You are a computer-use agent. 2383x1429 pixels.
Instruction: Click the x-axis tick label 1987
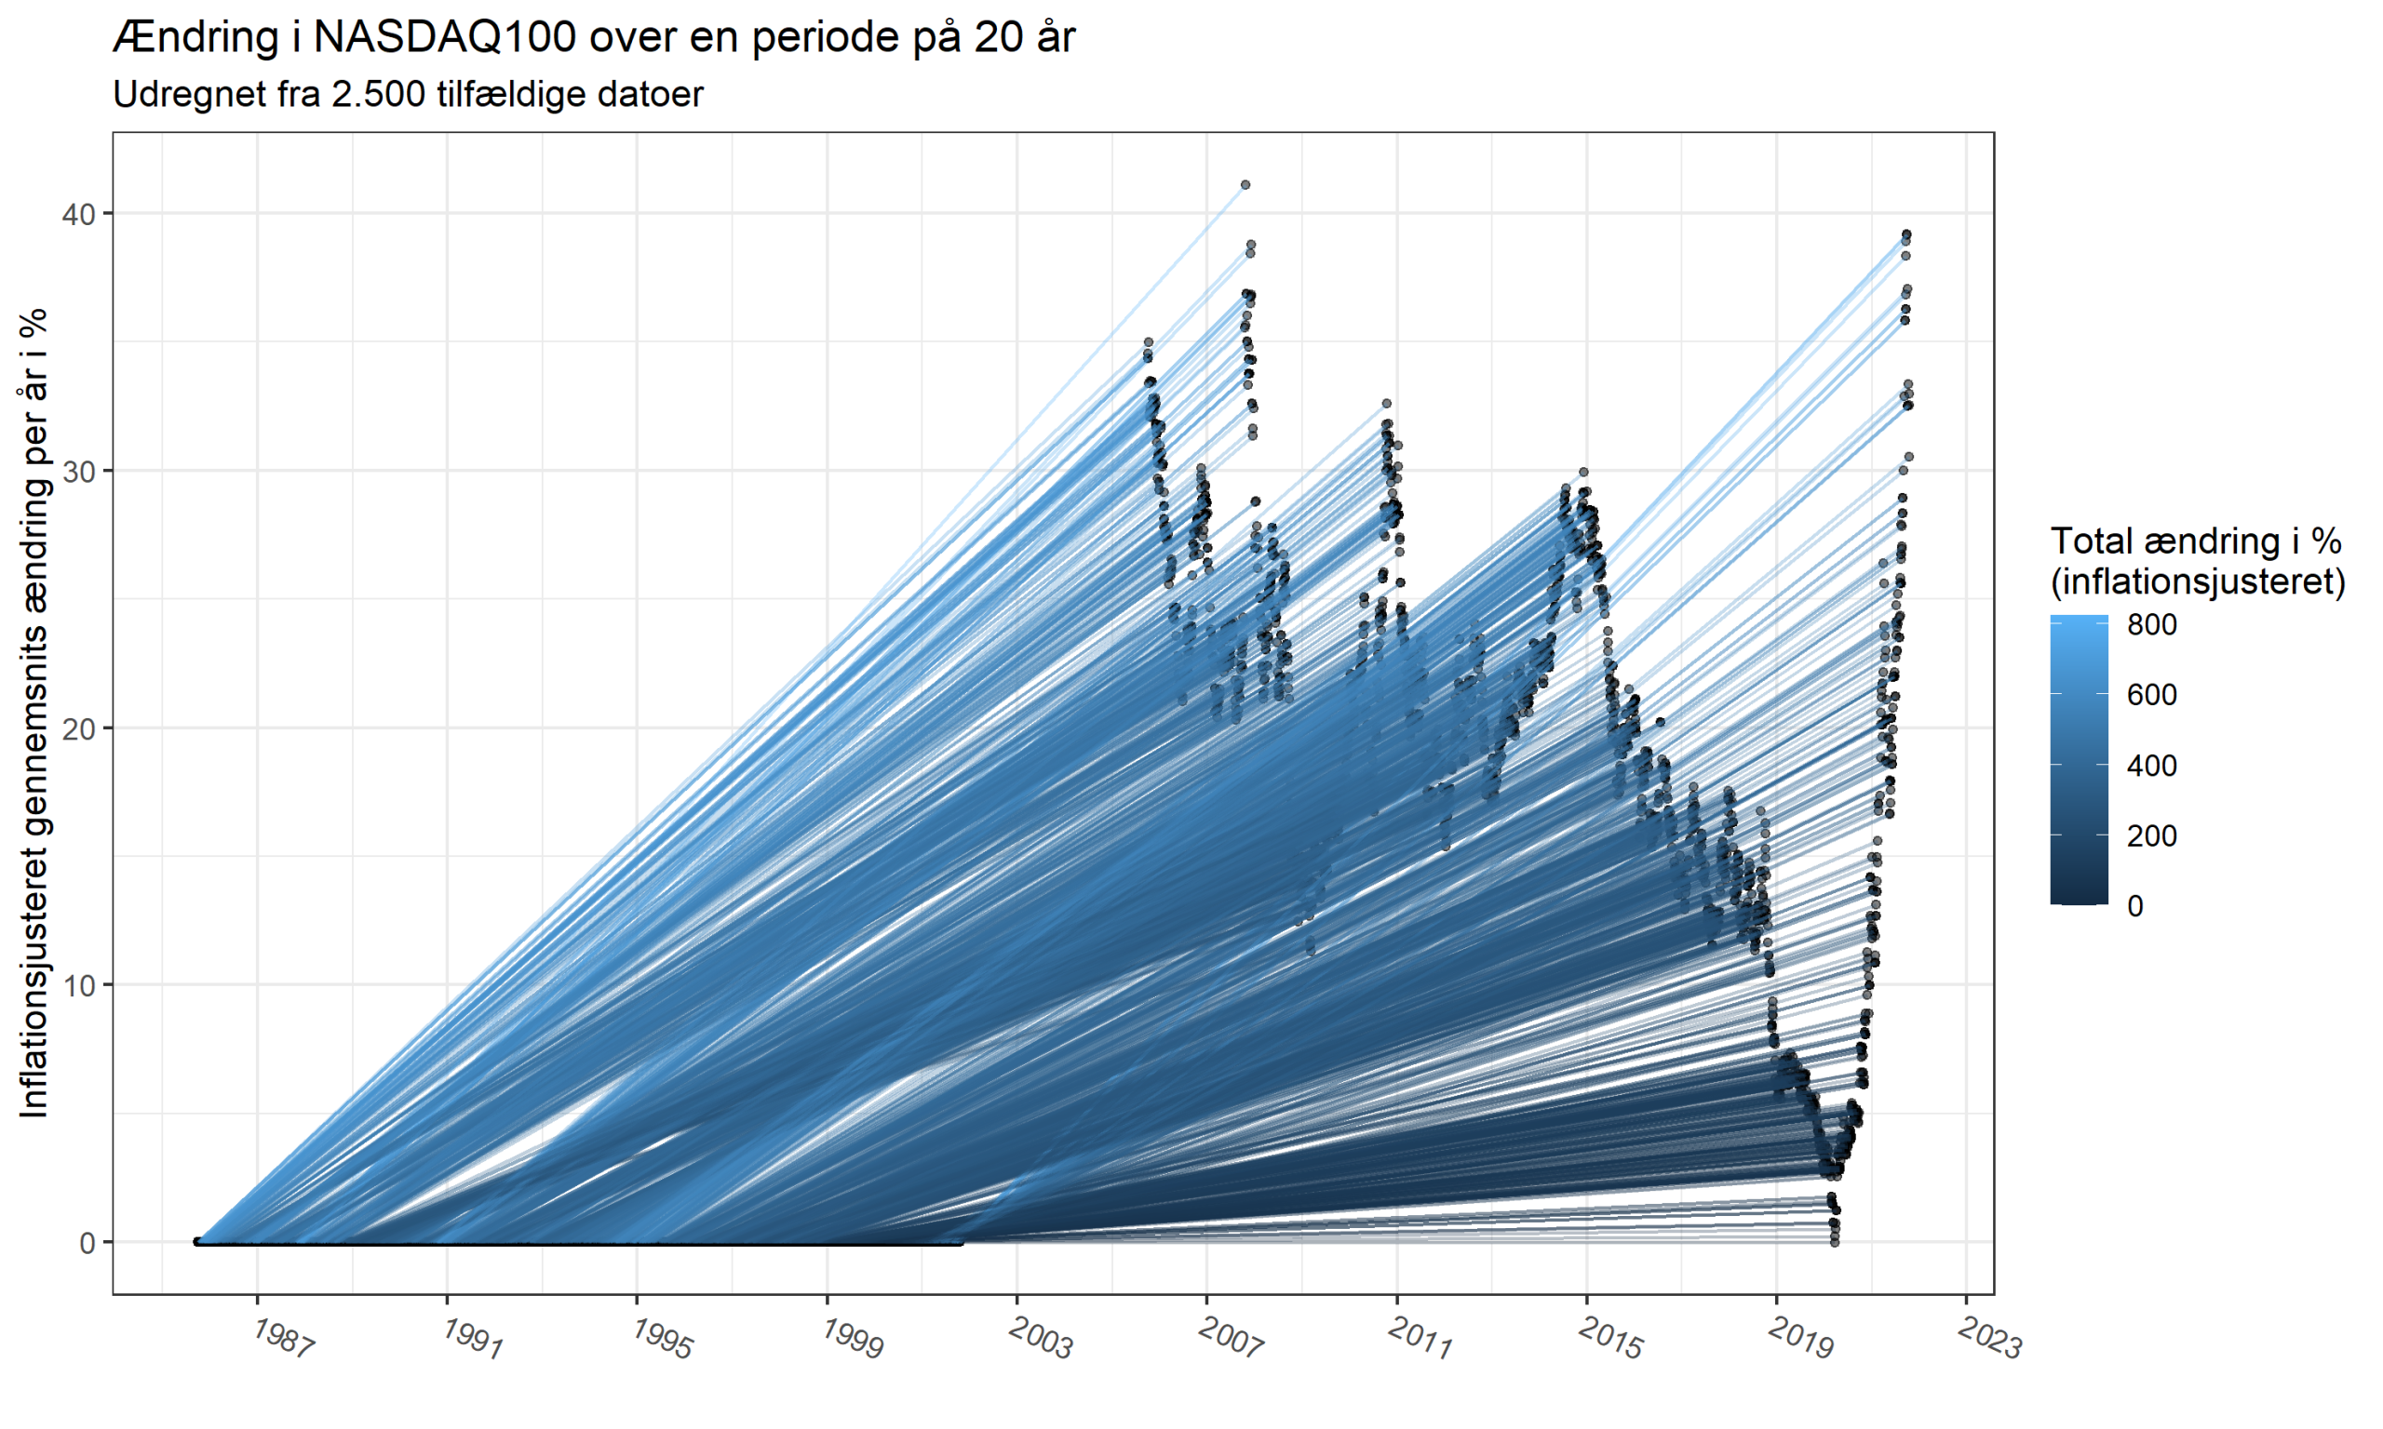tap(282, 1340)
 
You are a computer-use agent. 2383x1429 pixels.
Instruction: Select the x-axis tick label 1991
tap(472, 1340)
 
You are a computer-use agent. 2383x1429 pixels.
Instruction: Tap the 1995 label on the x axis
tap(662, 1340)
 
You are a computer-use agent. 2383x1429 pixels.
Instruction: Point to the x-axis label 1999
tap(852, 1340)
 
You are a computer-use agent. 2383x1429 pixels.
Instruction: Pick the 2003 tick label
tap(1041, 1340)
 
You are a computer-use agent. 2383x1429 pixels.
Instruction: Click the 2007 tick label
tap(1230, 1340)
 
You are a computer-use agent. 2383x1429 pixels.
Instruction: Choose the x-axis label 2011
tap(1420, 1340)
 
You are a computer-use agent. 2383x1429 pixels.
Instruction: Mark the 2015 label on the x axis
tap(1609, 1340)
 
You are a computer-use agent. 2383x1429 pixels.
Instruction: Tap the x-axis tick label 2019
tap(1799, 1340)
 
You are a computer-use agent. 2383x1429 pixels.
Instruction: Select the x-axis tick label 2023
tap(1989, 1340)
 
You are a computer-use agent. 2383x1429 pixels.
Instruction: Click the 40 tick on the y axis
tap(79, 214)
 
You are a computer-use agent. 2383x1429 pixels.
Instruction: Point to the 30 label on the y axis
tap(79, 472)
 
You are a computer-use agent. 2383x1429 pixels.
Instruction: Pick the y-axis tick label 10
tap(79, 986)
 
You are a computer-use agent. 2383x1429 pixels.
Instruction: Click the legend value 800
tap(2152, 625)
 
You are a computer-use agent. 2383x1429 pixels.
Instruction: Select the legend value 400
tap(2152, 766)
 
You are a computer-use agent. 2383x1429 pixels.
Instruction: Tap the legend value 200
tap(2152, 835)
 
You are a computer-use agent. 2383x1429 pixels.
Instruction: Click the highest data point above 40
tap(1245, 185)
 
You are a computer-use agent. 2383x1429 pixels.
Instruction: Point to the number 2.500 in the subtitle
tap(379, 94)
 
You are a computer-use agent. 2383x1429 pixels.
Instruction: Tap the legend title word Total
tap(2089, 541)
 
